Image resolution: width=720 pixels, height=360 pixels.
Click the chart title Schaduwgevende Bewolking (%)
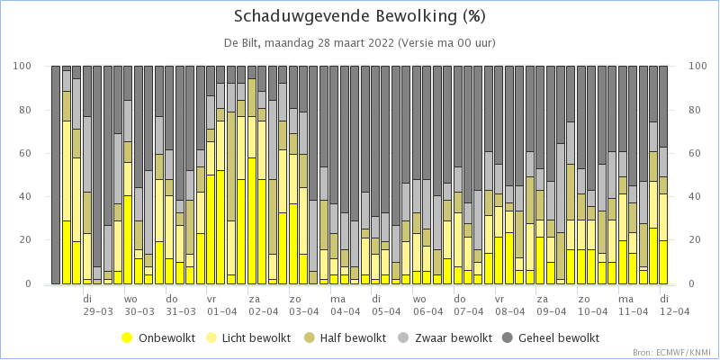[359, 16]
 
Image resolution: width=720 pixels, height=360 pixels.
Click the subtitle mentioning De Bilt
[359, 43]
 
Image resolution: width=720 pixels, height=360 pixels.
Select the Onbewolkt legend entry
[159, 338]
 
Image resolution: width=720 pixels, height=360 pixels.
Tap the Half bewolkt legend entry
[346, 338]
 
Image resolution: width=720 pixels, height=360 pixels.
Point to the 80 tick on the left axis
[38, 110]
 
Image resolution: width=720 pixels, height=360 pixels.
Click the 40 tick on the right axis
[695, 196]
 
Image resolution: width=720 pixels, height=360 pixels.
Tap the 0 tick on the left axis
[40, 284]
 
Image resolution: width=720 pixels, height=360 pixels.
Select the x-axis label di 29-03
[98, 305]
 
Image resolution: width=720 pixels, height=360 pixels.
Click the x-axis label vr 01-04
[221, 305]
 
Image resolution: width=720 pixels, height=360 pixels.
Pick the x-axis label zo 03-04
[303, 305]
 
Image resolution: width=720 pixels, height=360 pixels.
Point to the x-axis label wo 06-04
[427, 305]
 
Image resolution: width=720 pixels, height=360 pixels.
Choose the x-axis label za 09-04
[551, 305]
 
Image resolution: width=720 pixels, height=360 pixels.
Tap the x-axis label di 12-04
[674, 305]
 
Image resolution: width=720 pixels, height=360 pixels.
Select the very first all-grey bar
[56, 175]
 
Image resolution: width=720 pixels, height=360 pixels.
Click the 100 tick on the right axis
[697, 66]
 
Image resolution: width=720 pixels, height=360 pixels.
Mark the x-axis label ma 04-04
[345, 305]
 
